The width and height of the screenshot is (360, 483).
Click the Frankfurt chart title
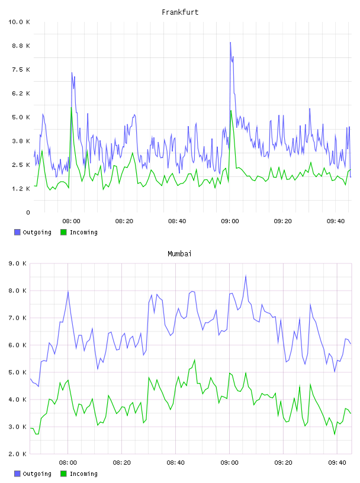(180, 12)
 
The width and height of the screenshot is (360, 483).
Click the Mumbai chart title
(179, 254)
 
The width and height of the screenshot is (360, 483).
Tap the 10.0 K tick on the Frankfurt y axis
(19, 22)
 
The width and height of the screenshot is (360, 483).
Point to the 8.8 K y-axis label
(21, 46)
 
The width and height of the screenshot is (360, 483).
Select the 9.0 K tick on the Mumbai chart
(18, 263)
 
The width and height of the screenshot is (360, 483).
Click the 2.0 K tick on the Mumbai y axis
(18, 454)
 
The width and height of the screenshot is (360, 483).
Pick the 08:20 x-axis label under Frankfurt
(124, 221)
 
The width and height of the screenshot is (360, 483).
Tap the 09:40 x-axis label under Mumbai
(337, 463)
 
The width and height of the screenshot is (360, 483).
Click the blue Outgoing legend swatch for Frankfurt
(17, 232)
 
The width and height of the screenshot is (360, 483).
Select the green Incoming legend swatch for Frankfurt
(63, 232)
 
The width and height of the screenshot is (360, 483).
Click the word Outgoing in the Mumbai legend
(37, 474)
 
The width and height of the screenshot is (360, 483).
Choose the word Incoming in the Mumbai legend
(83, 474)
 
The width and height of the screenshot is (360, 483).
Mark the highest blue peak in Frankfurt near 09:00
(230, 43)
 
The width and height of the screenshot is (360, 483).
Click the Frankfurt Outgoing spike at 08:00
(72, 73)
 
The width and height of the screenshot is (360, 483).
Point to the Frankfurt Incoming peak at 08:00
(71, 108)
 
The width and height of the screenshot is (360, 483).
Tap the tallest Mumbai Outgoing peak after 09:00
(246, 276)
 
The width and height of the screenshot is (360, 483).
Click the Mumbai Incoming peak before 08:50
(194, 360)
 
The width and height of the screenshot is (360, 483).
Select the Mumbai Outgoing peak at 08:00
(68, 291)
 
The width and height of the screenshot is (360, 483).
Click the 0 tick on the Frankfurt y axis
(28, 212)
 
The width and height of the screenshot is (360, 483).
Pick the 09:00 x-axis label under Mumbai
(230, 463)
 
